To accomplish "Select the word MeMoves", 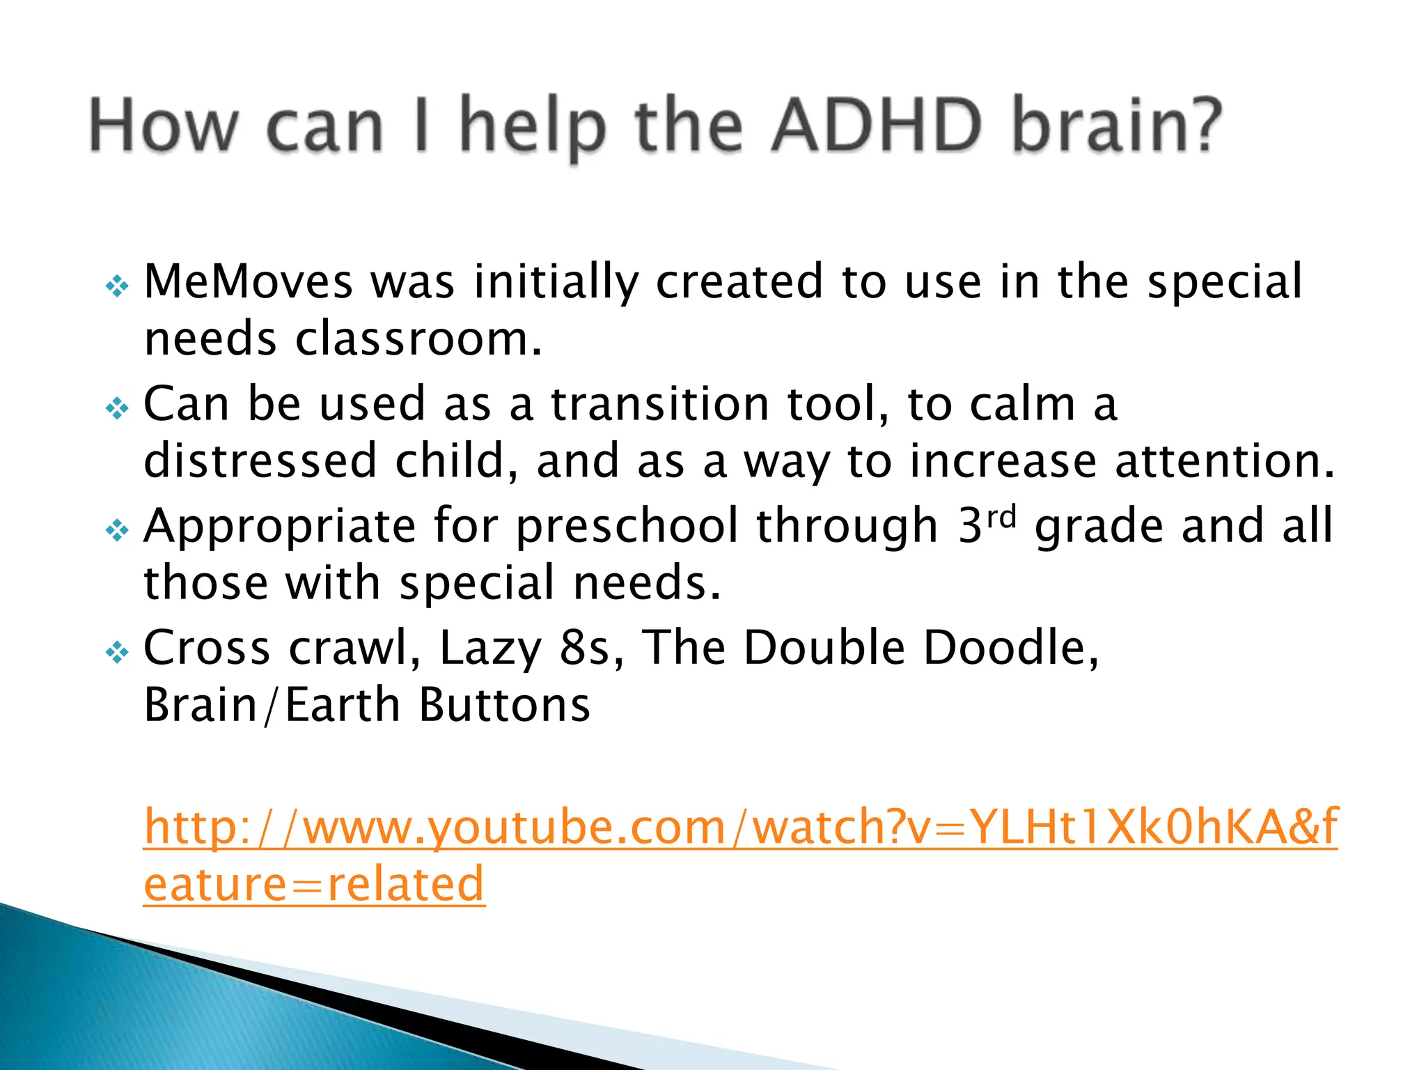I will click(x=248, y=282).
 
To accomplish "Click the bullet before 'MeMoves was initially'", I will click(x=117, y=286).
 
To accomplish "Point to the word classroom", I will click(x=418, y=339).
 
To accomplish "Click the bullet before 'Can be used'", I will click(x=117, y=408).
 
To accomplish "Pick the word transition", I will click(x=661, y=405).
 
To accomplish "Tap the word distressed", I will click(x=260, y=462).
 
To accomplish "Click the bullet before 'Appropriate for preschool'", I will click(x=117, y=531).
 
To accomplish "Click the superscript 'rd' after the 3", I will click(x=1002, y=516).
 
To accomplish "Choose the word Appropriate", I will click(x=279, y=527).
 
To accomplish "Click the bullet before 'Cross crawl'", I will click(x=117, y=653).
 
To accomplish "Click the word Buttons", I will click(x=505, y=706).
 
